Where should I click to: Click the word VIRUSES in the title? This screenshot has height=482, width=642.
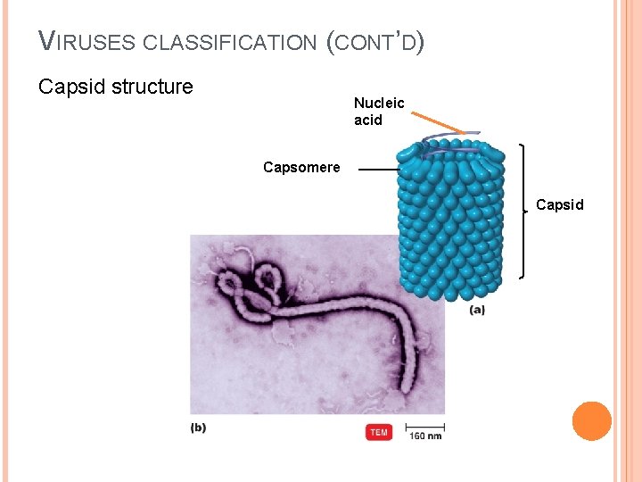click(86, 41)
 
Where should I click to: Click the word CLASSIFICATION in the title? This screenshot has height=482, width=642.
click(230, 42)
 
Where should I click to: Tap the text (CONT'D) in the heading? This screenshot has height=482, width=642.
click(374, 41)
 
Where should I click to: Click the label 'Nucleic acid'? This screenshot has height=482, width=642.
click(378, 112)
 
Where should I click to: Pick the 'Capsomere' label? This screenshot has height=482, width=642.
click(301, 167)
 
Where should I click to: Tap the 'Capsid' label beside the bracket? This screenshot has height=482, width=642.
click(559, 204)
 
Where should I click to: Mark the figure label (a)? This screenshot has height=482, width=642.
click(477, 311)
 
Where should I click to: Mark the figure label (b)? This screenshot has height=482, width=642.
click(198, 428)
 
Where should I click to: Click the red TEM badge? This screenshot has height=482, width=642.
click(379, 433)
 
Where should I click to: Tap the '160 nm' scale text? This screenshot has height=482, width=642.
click(425, 436)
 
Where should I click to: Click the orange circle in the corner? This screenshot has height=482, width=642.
click(591, 421)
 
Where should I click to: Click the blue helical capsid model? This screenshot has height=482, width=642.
click(450, 223)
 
